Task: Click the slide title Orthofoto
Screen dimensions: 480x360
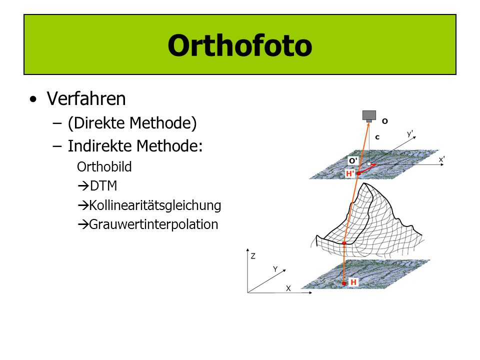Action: (x=239, y=45)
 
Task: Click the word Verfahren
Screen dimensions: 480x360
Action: (x=86, y=98)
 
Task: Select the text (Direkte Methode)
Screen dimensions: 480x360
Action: (x=132, y=123)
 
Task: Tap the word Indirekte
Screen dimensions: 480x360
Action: (x=99, y=145)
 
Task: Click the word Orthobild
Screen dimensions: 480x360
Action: (x=104, y=167)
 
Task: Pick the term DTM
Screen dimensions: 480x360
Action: (x=103, y=186)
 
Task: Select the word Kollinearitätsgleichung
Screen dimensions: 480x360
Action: (x=155, y=205)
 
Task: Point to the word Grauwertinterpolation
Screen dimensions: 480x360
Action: (x=153, y=224)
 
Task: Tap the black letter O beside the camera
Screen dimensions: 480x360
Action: (x=385, y=121)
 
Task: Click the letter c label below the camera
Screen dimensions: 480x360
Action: (x=377, y=137)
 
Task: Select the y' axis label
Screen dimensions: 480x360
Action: (x=410, y=133)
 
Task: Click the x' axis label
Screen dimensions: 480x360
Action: (x=441, y=159)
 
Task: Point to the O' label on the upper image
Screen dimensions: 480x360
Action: (x=353, y=160)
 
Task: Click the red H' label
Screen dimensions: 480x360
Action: (x=350, y=173)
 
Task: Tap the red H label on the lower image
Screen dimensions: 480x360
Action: (x=353, y=282)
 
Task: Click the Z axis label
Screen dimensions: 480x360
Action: (x=253, y=256)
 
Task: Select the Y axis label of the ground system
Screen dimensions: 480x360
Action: (x=275, y=269)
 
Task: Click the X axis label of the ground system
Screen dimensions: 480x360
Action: (x=288, y=288)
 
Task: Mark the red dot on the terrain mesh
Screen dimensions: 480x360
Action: (x=344, y=243)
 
